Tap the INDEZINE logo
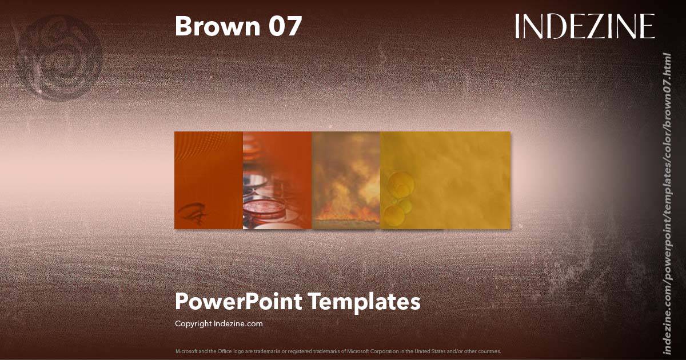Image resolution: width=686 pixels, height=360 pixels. click(x=584, y=27)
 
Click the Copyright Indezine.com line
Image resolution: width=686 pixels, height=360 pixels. click(x=218, y=323)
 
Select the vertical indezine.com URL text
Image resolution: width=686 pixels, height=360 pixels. click(x=666, y=203)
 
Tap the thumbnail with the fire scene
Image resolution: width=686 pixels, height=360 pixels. click(x=346, y=180)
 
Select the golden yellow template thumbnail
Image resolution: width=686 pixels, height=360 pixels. click(x=445, y=180)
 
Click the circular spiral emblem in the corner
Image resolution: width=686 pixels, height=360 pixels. click(x=60, y=57)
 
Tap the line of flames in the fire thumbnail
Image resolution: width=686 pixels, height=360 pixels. click(x=346, y=216)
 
